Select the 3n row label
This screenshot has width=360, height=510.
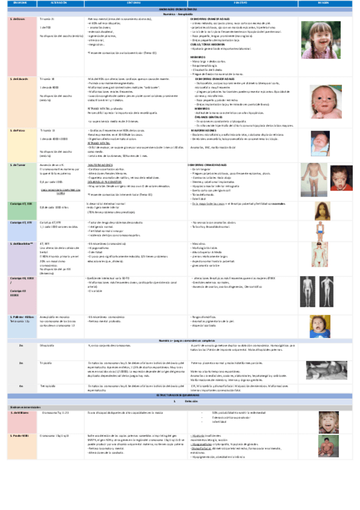tap(20, 364)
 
